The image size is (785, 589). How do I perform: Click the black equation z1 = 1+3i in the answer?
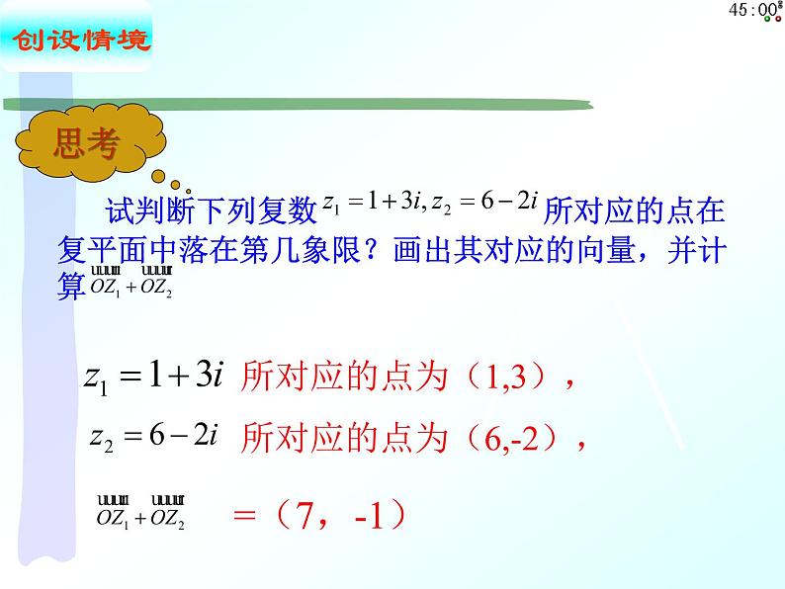click(x=158, y=376)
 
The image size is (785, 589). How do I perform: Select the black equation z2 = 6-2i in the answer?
click(x=152, y=436)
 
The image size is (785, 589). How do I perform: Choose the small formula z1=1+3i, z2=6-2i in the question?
click(x=429, y=205)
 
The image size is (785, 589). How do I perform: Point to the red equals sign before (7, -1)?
click(x=244, y=515)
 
